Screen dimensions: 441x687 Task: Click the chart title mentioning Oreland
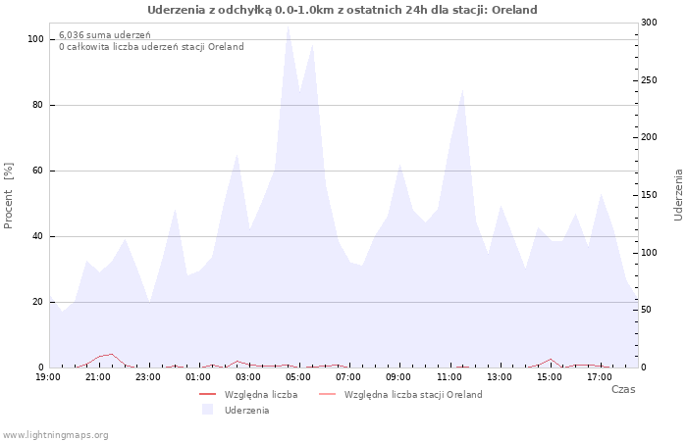tap(343, 10)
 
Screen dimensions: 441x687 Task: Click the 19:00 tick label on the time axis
tap(48, 376)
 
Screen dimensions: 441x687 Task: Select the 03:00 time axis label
tap(248, 376)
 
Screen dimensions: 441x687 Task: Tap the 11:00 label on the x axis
tap(449, 376)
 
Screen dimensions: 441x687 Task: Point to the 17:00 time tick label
tap(600, 376)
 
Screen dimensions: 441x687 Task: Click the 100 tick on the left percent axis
tap(35, 39)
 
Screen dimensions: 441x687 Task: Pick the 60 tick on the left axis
tap(37, 171)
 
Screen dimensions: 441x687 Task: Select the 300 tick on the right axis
tap(649, 22)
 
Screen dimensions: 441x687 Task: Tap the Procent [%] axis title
tap(9, 195)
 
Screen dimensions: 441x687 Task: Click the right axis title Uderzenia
tap(677, 194)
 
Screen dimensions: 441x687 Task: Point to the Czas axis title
tap(622, 389)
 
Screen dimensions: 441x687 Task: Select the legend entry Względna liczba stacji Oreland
tap(413, 394)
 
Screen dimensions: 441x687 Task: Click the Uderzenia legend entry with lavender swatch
tap(246, 410)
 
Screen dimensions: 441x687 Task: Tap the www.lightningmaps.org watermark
tap(56, 434)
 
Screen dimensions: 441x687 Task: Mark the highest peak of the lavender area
tap(288, 26)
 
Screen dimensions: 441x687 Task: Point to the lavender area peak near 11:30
tap(462, 90)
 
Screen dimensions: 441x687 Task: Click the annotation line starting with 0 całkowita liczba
tap(151, 46)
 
